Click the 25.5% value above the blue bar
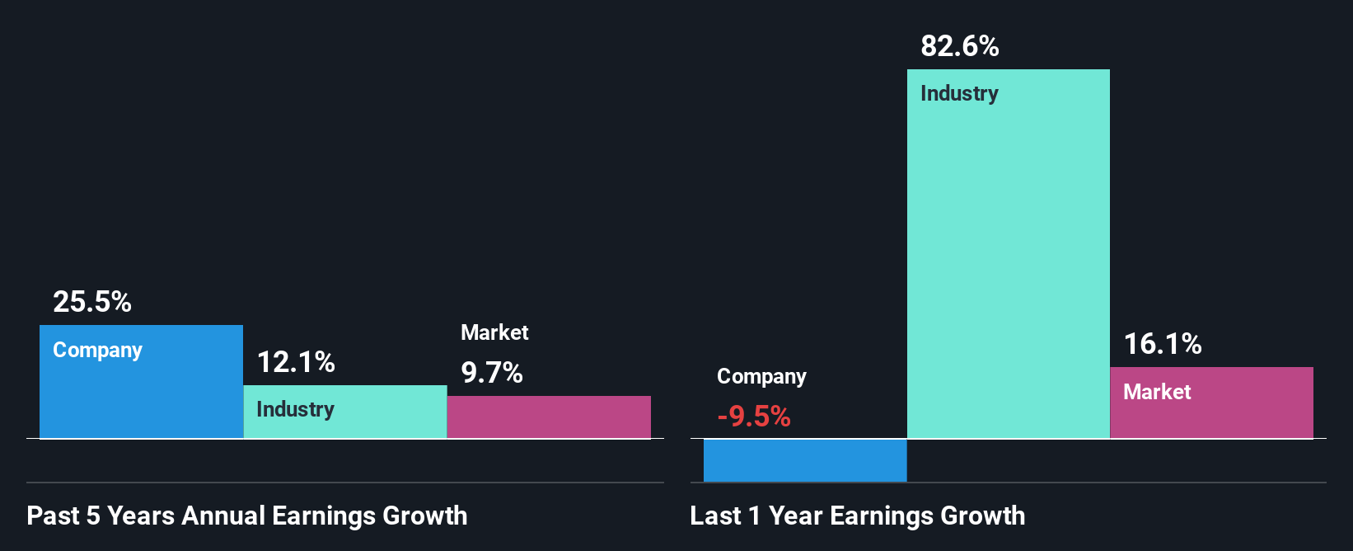point(92,302)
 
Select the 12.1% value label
point(296,362)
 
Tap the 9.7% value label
point(492,373)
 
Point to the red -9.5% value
point(754,417)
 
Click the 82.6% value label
point(960,46)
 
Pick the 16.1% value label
point(1163,344)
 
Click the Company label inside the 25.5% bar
point(97,351)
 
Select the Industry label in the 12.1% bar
point(295,409)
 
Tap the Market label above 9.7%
point(494,332)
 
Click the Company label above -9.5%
point(761,377)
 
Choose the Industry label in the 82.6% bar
point(959,94)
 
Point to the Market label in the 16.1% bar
point(1157,392)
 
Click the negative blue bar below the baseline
point(805,460)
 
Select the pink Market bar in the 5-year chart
point(549,417)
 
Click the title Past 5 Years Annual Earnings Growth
point(247,516)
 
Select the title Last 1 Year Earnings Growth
point(858,516)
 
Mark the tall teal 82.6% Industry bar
point(1009,264)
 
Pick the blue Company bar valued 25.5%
point(141,396)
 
